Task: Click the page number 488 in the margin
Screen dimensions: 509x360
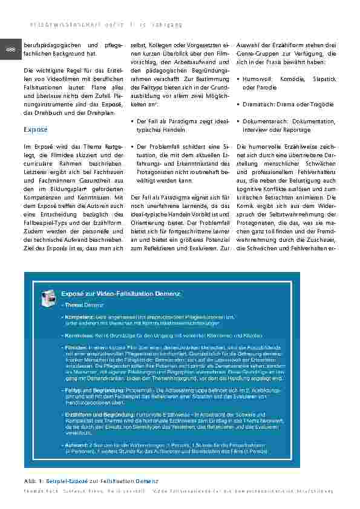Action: coord(11,50)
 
